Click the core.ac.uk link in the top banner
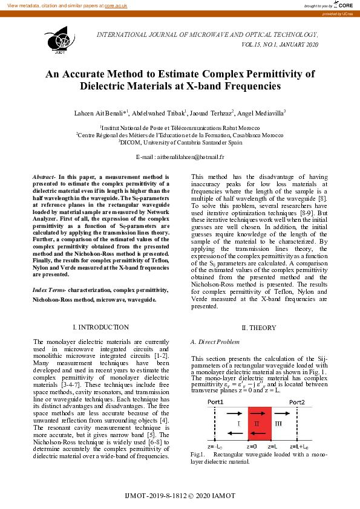coord(116,5)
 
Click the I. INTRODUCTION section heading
coord(100,327)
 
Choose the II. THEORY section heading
coord(259,328)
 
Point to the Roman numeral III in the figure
coord(279,424)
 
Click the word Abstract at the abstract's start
coord(42,176)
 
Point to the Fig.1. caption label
coord(197,454)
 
